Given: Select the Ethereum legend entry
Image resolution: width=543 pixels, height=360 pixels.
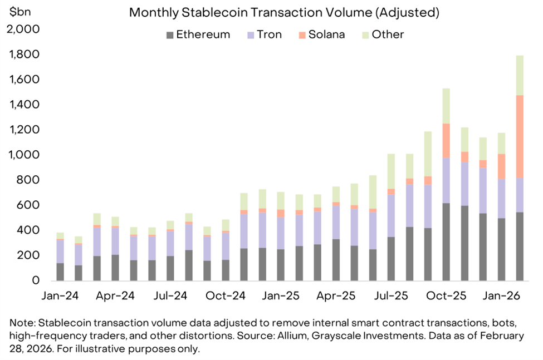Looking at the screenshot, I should click(x=203, y=34).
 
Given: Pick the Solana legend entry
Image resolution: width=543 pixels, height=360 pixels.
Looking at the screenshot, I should click(x=326, y=34).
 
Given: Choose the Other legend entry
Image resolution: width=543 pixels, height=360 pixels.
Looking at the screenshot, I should click(x=388, y=34).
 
